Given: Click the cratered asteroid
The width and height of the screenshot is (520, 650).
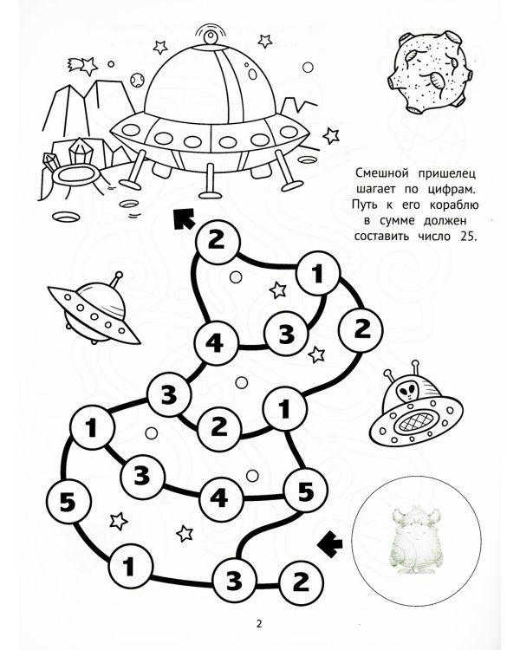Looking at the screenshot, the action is coord(430,73).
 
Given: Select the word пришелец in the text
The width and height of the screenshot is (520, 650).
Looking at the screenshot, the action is coord(446,173).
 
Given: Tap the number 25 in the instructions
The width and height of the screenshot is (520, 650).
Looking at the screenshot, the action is coord(469,237).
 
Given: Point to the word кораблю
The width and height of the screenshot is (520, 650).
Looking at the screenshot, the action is coord(453,205).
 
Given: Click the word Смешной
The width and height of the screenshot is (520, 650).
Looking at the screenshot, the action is coord(382,172).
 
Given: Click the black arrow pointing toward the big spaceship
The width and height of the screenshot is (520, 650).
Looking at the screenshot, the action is coord(184,218).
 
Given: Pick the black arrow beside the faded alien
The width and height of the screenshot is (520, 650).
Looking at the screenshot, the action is coord(330,544).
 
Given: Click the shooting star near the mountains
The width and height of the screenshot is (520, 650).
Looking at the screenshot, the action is coord(82,66).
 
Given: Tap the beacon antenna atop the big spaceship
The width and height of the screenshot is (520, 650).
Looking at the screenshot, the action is coord(210,36).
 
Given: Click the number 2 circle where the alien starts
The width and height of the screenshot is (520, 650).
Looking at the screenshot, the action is coord(301,582).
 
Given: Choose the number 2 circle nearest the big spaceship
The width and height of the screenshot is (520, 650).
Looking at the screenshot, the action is coord(217,241).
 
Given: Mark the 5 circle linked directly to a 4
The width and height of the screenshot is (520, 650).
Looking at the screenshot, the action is coord(305,491).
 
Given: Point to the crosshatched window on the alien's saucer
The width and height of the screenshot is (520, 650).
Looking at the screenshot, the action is coord(415,423).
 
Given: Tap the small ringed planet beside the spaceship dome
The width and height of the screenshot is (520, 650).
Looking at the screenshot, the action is coord(136,80).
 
